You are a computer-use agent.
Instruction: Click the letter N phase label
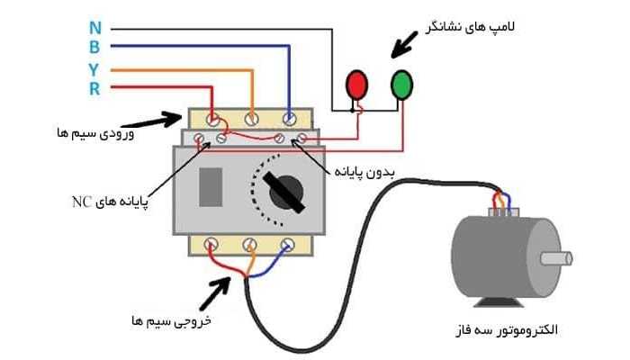click(x=94, y=26)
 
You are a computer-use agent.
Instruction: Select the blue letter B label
click(x=94, y=47)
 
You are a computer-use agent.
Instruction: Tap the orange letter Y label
click(x=94, y=68)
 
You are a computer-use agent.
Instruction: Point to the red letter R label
click(x=94, y=88)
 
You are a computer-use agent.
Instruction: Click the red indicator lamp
click(x=358, y=84)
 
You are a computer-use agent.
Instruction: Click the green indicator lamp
click(x=402, y=84)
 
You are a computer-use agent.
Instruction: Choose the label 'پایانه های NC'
click(x=103, y=199)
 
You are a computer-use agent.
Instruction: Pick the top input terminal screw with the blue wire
click(x=289, y=118)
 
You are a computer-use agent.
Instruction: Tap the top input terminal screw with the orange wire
click(x=251, y=118)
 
